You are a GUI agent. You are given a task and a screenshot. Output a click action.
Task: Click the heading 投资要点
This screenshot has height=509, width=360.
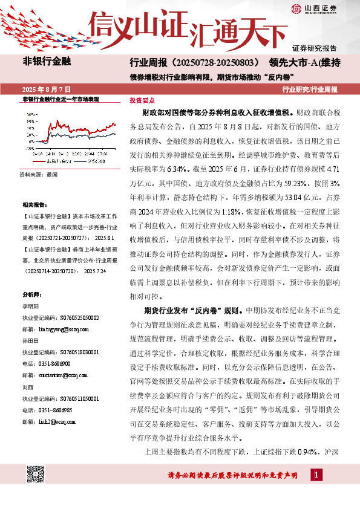click(x=142, y=100)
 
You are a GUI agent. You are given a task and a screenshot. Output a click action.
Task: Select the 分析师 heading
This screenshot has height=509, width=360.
click(x=32, y=294)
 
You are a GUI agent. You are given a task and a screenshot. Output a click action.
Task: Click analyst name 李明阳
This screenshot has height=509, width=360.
click(x=31, y=306)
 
